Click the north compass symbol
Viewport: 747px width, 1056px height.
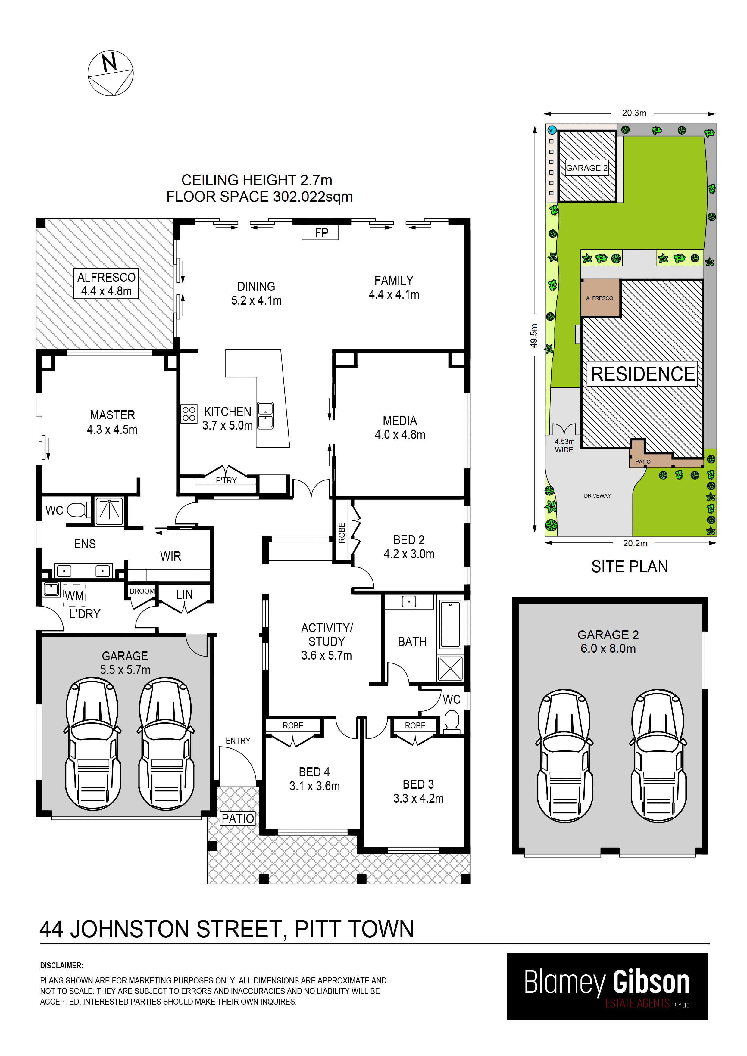point(111,73)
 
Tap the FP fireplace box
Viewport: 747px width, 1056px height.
point(320,232)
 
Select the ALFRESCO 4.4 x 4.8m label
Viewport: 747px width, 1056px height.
point(106,284)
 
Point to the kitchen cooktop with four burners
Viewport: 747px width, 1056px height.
point(189,414)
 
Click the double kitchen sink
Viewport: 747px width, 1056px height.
point(265,415)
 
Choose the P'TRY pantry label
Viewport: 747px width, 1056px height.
point(226,480)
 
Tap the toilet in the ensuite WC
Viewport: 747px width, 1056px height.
point(77,510)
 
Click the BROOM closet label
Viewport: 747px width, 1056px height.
point(142,591)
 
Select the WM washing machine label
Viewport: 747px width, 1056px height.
point(75,596)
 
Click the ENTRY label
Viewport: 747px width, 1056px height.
point(238,741)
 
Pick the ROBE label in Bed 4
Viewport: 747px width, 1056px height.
point(293,725)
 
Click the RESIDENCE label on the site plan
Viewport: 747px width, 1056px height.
point(642,374)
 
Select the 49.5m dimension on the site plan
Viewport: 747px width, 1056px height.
point(534,336)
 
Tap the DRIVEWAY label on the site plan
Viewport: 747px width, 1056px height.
point(597,495)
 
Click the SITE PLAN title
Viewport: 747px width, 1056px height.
point(629,567)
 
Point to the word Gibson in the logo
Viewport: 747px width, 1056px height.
point(651,983)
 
